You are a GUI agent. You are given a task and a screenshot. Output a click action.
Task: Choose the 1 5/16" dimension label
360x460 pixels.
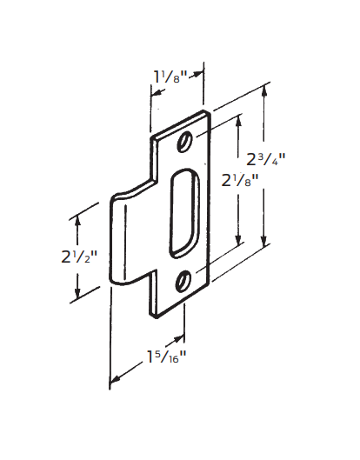164,357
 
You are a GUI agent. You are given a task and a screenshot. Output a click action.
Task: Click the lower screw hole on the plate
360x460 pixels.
184,279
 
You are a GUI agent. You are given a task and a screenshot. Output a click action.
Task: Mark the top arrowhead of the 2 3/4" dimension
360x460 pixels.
264,89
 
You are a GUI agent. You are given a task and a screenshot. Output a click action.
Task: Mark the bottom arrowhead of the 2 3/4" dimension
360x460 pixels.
264,246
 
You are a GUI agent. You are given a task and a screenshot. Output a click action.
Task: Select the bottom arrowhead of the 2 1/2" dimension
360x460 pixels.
78,296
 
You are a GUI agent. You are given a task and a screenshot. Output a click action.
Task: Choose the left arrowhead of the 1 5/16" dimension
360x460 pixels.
111,380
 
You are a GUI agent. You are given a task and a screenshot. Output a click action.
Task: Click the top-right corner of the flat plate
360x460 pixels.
210,111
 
